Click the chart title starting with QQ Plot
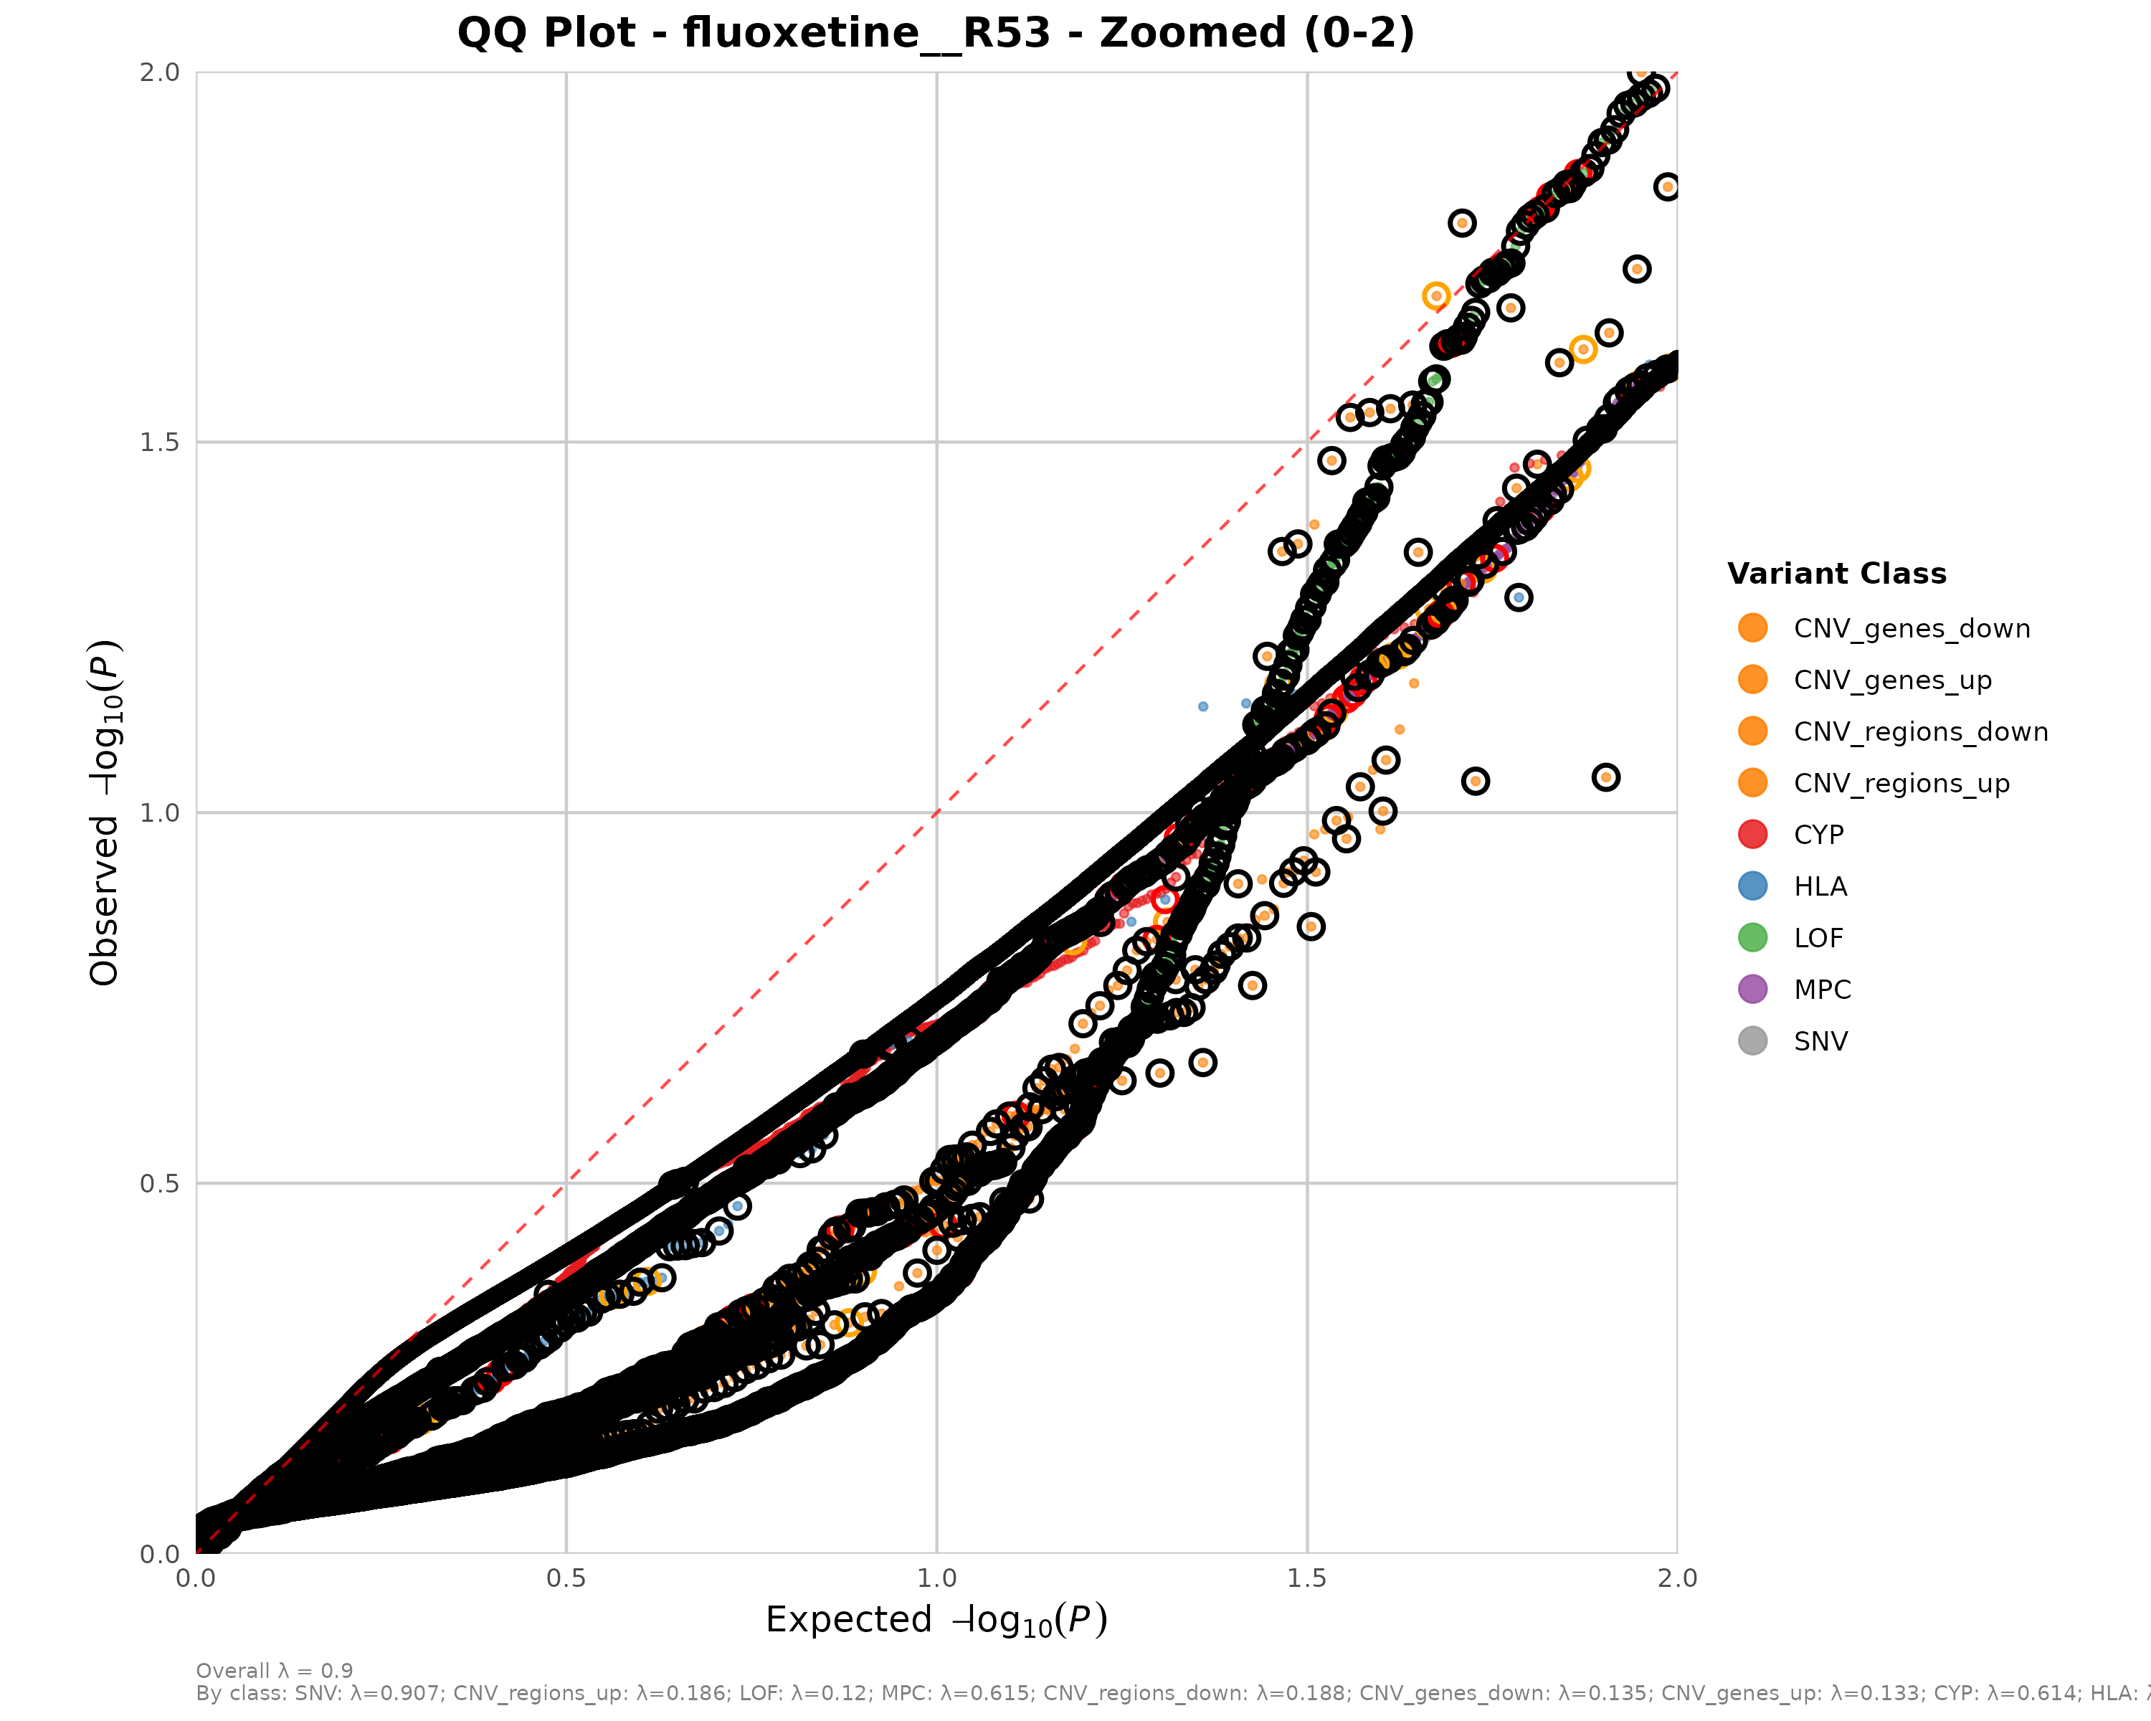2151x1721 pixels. (936, 33)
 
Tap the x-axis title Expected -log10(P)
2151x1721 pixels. (936, 1620)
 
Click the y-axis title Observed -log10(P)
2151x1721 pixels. (105, 812)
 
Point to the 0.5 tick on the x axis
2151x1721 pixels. (566, 1578)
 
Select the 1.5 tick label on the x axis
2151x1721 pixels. (1307, 1578)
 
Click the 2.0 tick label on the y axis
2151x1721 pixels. (160, 72)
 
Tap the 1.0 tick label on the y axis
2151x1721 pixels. (160, 813)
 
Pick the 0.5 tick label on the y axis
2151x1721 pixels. (160, 1183)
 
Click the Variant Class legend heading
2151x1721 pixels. (1837, 574)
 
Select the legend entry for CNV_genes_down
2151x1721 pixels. (1912, 629)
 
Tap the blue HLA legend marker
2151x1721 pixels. (1752, 886)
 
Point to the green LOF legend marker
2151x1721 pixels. (1752, 938)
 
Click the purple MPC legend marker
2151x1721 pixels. (1752, 989)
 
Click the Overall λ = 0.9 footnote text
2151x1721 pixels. (275, 1670)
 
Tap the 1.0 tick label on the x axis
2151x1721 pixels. (936, 1578)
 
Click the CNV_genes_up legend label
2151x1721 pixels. (1891, 681)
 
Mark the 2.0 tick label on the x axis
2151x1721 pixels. (1677, 1578)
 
